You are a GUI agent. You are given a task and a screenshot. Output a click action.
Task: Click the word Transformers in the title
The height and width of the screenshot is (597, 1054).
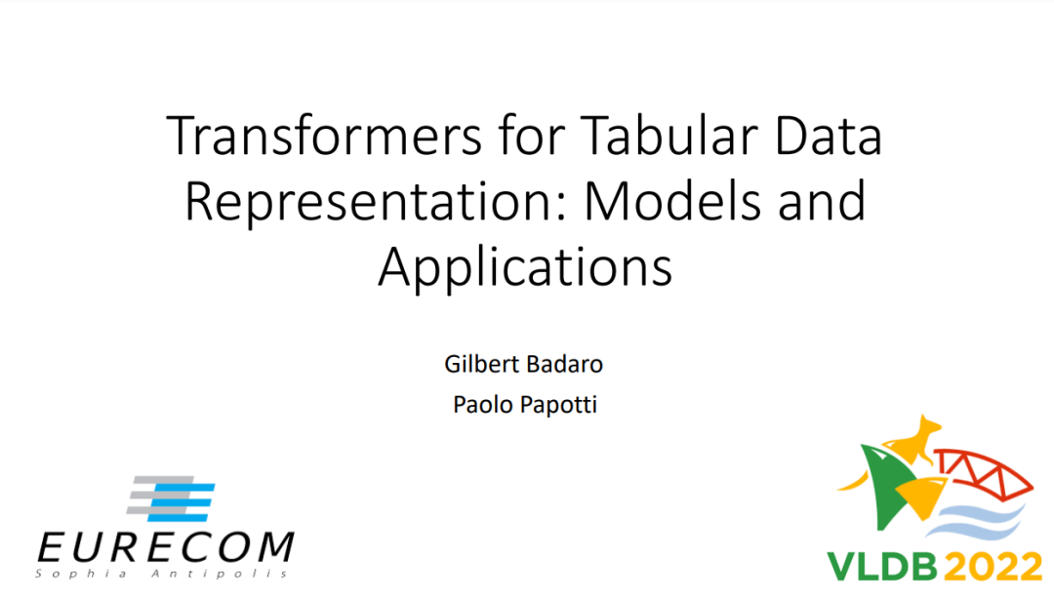point(325,136)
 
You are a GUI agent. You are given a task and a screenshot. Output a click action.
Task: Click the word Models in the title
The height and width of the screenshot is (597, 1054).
point(672,201)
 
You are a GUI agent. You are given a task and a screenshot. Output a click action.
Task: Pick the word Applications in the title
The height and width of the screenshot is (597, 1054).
point(525,267)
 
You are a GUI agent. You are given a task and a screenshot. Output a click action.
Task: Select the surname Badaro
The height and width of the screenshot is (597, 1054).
point(565,364)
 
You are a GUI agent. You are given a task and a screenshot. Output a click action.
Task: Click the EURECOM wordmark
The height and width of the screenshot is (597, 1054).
point(165,547)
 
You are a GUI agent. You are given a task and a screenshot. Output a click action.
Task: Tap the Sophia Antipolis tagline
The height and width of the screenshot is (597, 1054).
point(162,574)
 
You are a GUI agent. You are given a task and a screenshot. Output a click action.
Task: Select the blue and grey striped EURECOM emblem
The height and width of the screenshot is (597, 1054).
point(171,498)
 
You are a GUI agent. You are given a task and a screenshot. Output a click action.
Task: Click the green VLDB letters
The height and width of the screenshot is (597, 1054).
point(882,567)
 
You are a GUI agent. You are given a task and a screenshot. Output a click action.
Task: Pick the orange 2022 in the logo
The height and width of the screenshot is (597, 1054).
point(993,567)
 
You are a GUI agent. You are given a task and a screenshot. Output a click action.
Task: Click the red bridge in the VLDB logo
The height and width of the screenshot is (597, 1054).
point(986,472)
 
